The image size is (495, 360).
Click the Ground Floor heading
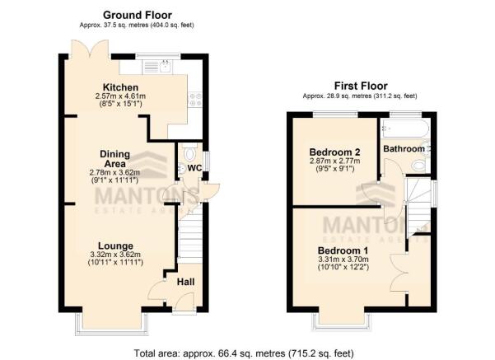coord(138,15)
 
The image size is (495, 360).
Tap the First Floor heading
coord(361,86)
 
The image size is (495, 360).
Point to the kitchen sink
coord(166,67)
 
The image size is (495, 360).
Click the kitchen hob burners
coord(195,99)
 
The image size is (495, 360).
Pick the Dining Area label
coord(115,159)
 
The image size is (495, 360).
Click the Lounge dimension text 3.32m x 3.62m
coord(115,255)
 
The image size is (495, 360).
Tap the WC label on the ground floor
coord(194,168)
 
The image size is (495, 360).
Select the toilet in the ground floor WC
coord(190,153)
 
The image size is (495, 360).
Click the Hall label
coord(185,282)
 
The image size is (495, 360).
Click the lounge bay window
coord(112,323)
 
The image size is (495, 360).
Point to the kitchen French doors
coord(91,49)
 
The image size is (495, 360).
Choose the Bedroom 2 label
coord(334,152)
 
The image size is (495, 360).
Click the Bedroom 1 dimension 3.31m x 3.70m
coord(343,259)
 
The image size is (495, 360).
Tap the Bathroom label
coord(404,149)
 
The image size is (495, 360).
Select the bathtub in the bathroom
coord(404,128)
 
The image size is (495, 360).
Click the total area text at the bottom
coord(244,353)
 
